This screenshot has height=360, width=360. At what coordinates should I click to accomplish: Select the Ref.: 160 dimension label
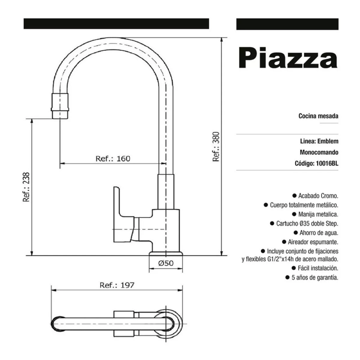112,158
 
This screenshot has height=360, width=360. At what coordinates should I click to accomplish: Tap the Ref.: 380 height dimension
216,146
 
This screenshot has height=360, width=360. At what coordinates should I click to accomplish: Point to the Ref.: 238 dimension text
26,187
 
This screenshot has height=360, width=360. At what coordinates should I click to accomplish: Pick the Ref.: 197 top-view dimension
117,285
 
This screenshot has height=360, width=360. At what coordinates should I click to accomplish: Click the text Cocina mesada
318,116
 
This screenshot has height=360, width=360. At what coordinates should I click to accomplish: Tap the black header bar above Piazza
287,24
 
